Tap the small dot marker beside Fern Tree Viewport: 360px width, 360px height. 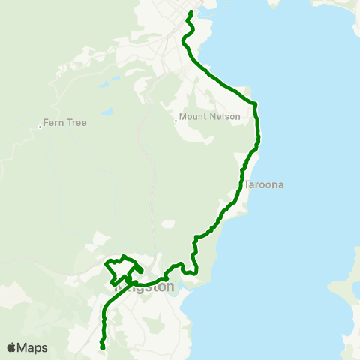coord(40,127)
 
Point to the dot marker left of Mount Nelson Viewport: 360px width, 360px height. coord(175,120)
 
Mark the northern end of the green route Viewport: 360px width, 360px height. coord(191,12)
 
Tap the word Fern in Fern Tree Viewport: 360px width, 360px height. coord(52,122)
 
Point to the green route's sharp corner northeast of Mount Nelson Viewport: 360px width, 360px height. coord(256,103)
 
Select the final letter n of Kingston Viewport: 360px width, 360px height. coord(170,287)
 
